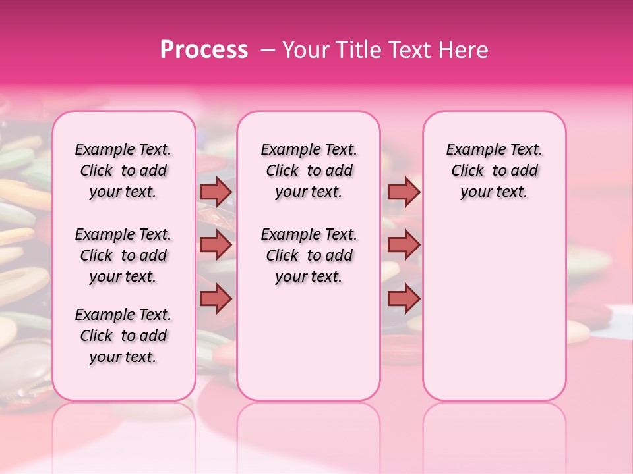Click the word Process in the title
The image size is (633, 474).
tap(204, 50)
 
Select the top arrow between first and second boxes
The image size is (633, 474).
tap(216, 192)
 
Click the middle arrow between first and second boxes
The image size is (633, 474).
tap(216, 245)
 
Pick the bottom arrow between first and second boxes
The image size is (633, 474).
tap(216, 298)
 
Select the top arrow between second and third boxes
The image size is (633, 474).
tap(404, 192)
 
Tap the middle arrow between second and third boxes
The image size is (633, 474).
tap(404, 245)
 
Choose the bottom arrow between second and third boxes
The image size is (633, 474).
tap(404, 298)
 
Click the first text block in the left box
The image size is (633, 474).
tap(123, 171)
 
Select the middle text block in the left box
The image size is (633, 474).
tap(123, 255)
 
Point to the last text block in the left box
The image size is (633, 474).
tap(123, 336)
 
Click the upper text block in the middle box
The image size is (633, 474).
tap(309, 171)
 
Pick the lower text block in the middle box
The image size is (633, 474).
tap(309, 255)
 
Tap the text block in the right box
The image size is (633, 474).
tap(495, 171)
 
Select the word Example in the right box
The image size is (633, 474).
tap(471, 150)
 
